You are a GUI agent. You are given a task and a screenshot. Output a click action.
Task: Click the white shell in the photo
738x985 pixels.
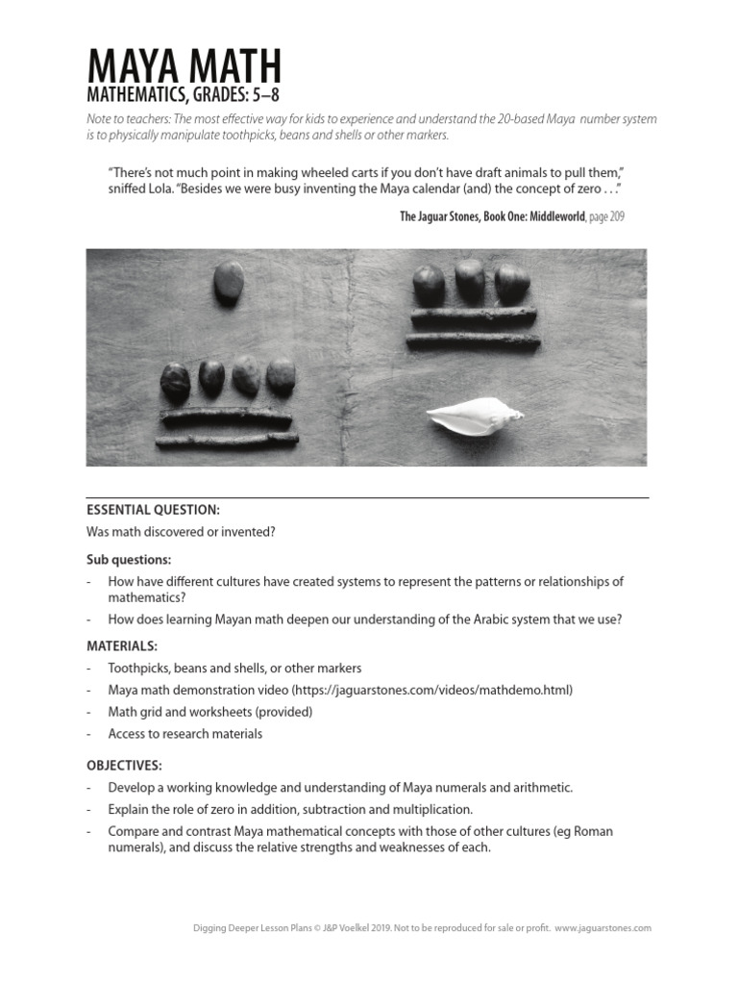(x=475, y=416)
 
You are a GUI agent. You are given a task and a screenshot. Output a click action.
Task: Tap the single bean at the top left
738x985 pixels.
(x=228, y=283)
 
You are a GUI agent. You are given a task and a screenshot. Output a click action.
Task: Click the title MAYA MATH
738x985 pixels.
(x=184, y=66)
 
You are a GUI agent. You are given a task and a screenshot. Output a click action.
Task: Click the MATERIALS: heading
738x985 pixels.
(x=122, y=645)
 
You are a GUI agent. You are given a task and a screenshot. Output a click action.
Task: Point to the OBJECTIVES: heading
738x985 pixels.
(x=124, y=766)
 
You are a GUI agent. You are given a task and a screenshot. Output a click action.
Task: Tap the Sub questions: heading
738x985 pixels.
(x=129, y=560)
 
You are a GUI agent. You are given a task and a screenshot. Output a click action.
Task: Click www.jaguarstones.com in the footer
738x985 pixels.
(x=603, y=928)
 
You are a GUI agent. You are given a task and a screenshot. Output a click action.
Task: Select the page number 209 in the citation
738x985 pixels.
(x=615, y=216)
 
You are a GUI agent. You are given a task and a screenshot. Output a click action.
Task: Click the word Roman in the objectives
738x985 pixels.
(x=593, y=831)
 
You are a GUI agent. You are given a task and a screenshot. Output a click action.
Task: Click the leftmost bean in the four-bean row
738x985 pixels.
(x=175, y=382)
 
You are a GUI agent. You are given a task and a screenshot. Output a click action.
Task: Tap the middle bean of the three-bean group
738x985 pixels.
(x=470, y=279)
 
